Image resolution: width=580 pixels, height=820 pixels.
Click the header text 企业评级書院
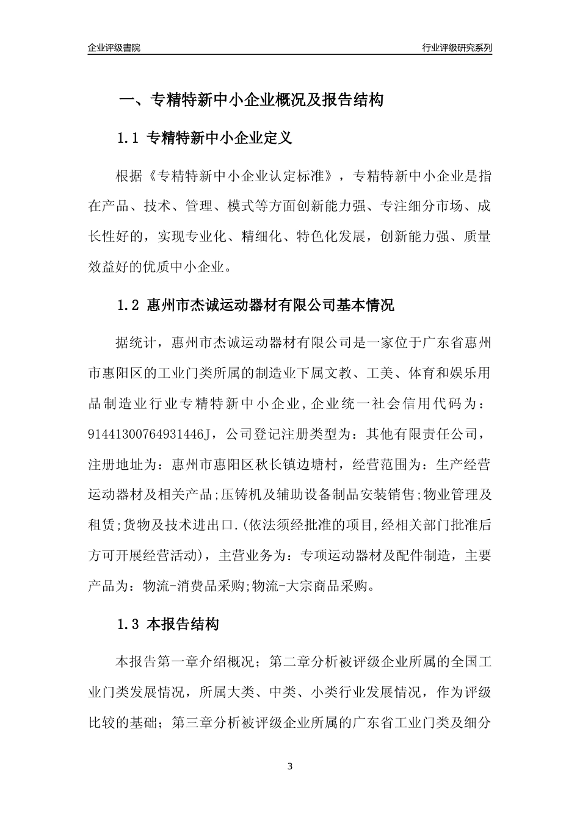114,48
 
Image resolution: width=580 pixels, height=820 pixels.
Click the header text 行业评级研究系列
457,48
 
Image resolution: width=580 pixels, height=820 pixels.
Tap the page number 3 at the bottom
290,766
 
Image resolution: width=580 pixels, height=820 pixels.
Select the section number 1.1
129,138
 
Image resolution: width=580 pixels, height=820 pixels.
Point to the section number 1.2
129,305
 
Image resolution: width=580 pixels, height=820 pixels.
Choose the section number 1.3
129,625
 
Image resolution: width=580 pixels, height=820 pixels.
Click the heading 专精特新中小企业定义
220,138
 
